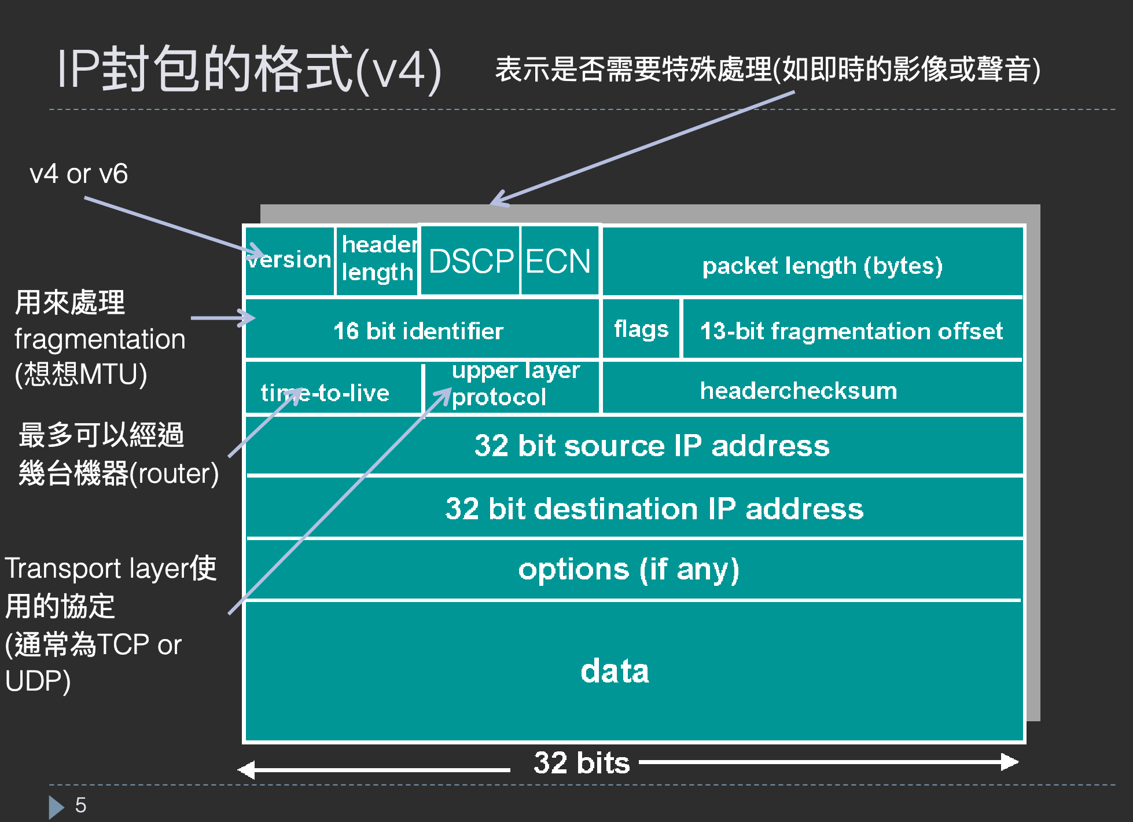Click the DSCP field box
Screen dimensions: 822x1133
pos(470,260)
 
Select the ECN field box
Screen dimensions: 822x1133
pos(558,260)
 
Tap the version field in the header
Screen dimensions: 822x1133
pos(290,260)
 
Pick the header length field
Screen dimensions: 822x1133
pos(377,259)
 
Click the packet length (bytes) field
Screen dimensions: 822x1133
pos(822,266)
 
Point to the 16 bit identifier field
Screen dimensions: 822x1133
pos(418,331)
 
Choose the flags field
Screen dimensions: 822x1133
pos(641,329)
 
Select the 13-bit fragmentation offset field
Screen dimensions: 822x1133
pos(851,331)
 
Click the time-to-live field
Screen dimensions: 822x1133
pos(325,393)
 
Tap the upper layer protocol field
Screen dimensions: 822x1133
pos(512,384)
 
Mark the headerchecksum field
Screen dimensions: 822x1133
pos(799,391)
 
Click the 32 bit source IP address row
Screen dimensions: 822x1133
pos(652,446)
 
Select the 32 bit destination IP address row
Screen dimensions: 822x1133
pos(654,509)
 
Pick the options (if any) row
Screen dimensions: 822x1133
pos(629,570)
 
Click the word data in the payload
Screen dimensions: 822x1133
pos(615,671)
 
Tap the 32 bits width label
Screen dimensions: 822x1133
pos(582,762)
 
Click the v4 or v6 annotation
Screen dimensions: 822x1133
pos(79,174)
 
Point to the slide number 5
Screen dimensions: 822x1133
pos(80,805)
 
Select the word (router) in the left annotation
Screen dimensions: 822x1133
pos(174,474)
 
